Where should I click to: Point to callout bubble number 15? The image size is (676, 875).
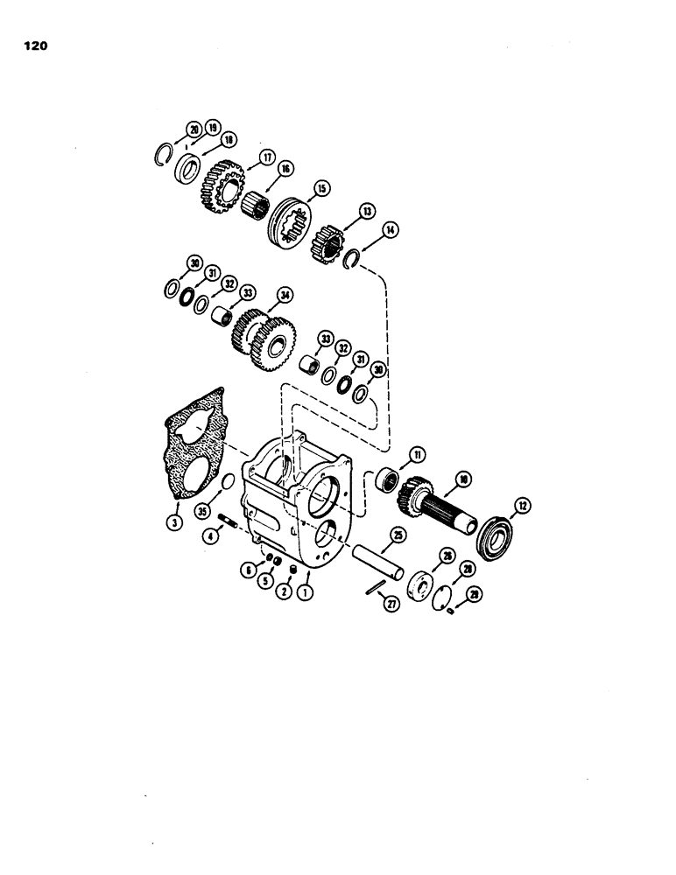click(321, 187)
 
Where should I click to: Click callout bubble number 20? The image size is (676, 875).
click(193, 131)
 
